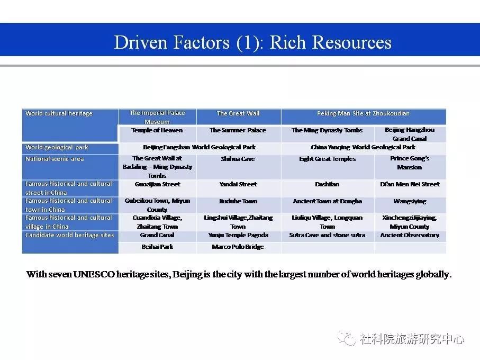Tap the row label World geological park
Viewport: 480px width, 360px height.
(x=57, y=147)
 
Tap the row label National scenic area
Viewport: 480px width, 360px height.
(x=55, y=159)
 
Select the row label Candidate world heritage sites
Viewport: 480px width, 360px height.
(x=69, y=235)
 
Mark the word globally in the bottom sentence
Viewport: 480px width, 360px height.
(x=433, y=274)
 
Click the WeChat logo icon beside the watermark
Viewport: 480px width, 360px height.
(x=347, y=338)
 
